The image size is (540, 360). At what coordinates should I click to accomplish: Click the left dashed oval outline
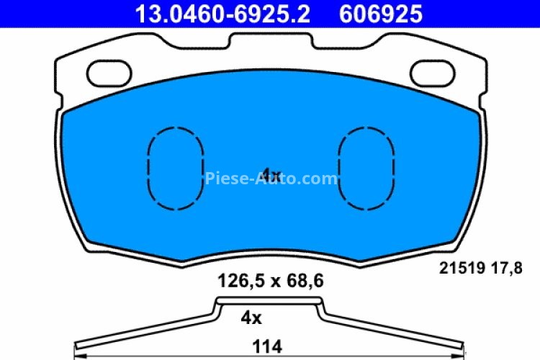pyautogui.click(x=176, y=168)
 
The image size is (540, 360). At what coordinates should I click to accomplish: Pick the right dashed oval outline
pyautogui.click(x=366, y=168)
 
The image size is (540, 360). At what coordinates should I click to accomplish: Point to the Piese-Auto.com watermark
pyautogui.click(x=271, y=179)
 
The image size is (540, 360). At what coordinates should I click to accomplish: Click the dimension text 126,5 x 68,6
pyautogui.click(x=270, y=282)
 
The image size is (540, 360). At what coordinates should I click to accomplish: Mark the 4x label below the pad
pyautogui.click(x=251, y=316)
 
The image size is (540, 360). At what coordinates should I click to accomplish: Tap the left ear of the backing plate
pyautogui.click(x=79, y=72)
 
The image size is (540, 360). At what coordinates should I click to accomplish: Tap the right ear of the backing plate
pyautogui.click(x=461, y=72)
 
